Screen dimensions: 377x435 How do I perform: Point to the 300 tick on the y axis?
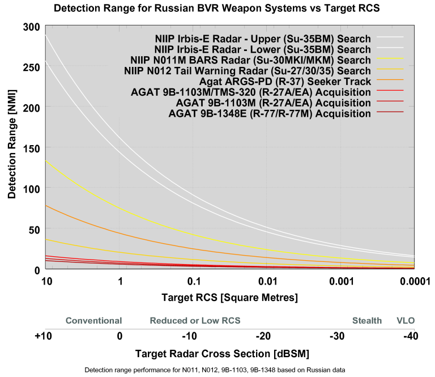coord(32,27)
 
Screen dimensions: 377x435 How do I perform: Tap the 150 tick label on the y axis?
coord(32,148)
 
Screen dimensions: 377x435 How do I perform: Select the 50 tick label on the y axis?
coord(35,229)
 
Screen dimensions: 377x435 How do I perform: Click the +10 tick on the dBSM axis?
coord(43,336)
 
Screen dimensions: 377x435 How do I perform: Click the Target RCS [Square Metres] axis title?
coord(229,297)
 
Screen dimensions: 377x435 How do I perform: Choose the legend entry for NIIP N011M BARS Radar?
coord(248,60)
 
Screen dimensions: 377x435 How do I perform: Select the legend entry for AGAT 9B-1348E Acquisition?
coord(270,114)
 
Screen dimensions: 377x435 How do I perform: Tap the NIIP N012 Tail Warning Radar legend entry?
coord(248,71)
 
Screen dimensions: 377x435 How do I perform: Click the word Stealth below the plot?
coord(367,321)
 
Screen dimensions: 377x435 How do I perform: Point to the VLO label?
coord(406,321)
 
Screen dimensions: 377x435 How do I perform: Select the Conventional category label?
coord(93,321)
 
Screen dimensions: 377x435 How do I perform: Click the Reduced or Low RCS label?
coord(195,321)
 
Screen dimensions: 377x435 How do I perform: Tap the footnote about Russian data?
coord(215,370)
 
